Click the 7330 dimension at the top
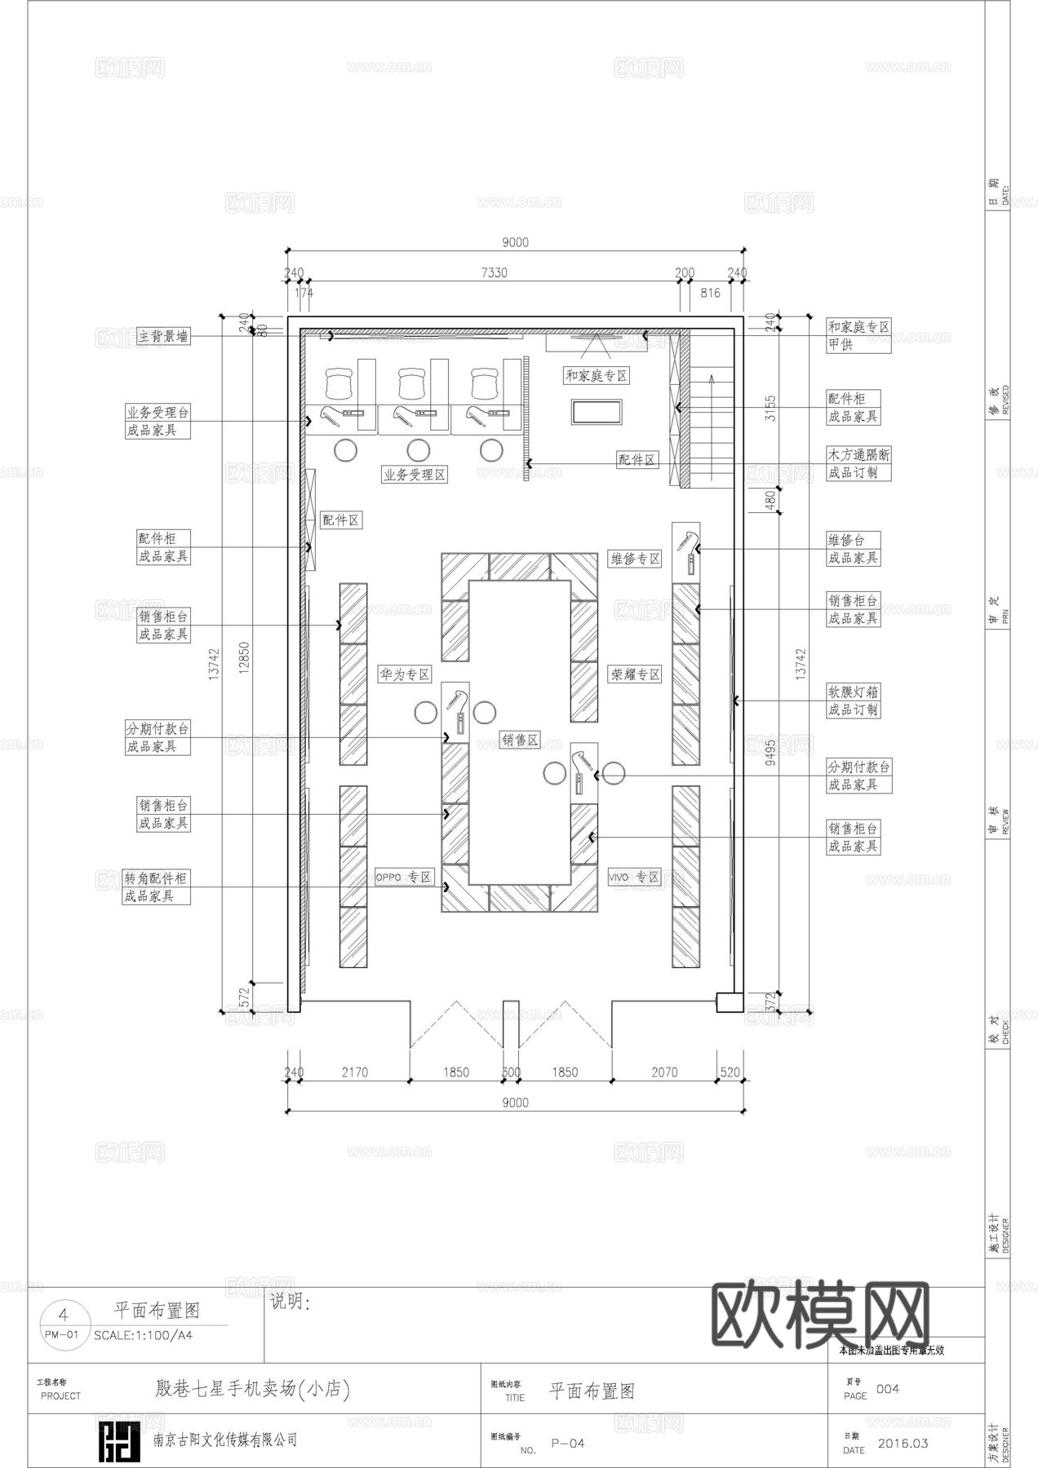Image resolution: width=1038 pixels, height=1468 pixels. click(493, 272)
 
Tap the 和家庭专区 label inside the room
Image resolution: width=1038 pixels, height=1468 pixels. click(597, 376)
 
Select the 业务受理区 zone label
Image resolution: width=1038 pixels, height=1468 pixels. click(415, 475)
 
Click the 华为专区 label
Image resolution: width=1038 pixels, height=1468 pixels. click(404, 674)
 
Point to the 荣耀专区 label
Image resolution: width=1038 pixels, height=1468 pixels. click(635, 674)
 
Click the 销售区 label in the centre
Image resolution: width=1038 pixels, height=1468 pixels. click(520, 740)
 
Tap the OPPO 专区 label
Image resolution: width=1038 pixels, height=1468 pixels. click(404, 877)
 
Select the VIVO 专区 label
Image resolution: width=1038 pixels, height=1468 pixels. click(634, 877)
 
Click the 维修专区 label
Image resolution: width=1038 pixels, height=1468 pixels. click(635, 559)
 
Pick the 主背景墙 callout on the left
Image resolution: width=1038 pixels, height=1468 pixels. click(163, 336)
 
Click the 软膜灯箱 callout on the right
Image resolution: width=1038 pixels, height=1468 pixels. click(854, 692)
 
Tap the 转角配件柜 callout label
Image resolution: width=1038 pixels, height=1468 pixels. click(156, 878)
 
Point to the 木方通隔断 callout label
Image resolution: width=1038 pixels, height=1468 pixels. click(858, 454)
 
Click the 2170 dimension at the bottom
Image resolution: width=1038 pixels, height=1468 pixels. click(354, 1072)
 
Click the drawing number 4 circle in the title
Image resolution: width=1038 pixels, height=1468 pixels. click(63, 1314)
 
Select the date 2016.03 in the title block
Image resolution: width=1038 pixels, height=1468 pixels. click(903, 1443)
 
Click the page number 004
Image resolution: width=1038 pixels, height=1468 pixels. click(887, 1389)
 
